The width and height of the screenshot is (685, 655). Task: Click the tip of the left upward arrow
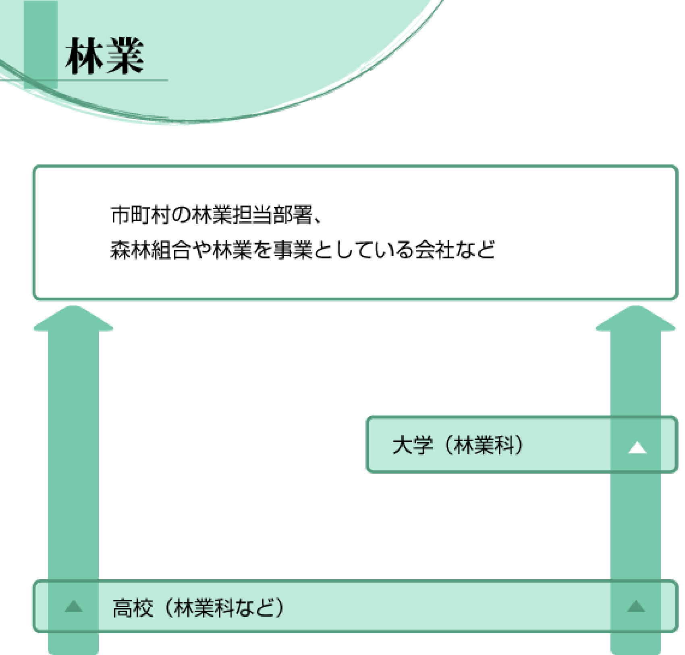point(73,306)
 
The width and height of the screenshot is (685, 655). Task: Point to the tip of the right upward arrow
point(635,306)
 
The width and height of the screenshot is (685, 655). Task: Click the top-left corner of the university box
point(367,417)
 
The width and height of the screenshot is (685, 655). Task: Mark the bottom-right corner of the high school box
point(677,632)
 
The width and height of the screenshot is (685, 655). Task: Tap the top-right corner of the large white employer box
point(677,166)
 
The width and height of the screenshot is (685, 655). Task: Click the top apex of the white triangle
point(637,442)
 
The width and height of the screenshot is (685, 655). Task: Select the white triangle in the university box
point(637,449)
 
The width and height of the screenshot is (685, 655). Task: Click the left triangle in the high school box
point(74,607)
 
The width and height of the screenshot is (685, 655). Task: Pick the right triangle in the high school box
point(636,607)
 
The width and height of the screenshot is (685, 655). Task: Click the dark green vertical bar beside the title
point(41,44)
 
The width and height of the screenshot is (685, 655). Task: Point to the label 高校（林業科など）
point(199,607)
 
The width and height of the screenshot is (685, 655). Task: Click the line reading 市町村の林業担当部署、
point(216,214)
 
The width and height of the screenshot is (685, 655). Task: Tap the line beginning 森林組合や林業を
point(303,250)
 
